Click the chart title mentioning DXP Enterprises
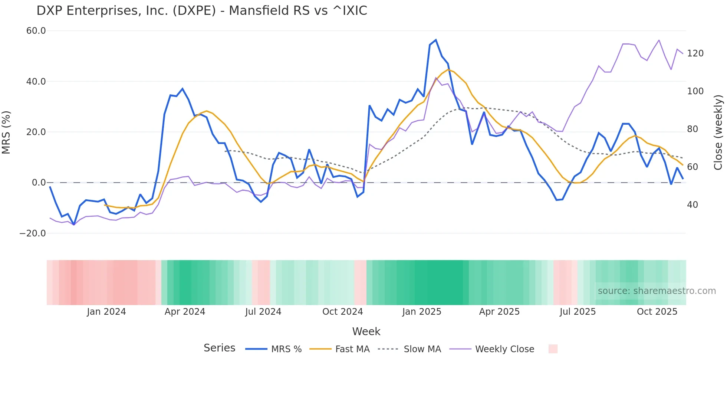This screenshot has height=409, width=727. click(202, 11)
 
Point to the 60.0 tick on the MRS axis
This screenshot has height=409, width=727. click(36, 31)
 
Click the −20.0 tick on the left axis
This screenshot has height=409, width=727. click(33, 233)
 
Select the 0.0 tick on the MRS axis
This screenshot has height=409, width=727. click(39, 183)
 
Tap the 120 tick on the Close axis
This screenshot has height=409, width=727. click(695, 53)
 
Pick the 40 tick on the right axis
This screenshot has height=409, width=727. click(692, 205)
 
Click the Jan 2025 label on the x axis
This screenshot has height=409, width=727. click(422, 312)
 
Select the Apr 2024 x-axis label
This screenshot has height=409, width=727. click(185, 312)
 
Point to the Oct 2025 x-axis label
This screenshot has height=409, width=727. click(657, 312)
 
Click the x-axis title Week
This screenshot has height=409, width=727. click(366, 331)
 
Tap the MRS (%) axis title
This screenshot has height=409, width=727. click(6, 132)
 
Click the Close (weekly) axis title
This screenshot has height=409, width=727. click(718, 132)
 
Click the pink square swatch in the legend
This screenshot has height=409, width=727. click(553, 349)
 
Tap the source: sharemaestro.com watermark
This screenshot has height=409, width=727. click(657, 291)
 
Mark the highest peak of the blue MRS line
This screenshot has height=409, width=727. click(436, 40)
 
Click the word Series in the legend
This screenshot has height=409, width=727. click(219, 348)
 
